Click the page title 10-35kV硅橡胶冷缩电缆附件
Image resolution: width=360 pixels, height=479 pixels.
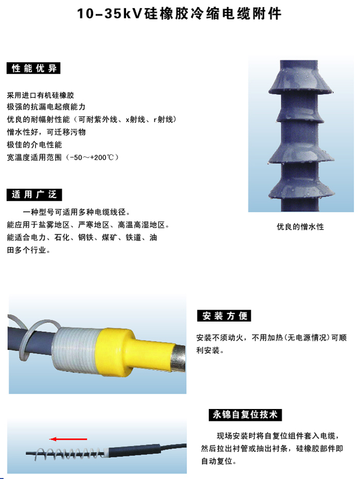click(179, 14)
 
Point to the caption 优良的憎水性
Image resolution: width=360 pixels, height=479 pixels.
click(300, 226)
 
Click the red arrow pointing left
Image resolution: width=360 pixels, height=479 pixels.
click(68, 439)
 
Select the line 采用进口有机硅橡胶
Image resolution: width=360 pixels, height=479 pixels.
click(41, 96)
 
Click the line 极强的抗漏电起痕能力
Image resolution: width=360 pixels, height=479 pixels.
click(46, 108)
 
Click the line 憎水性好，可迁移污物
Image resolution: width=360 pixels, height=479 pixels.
click(46, 132)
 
